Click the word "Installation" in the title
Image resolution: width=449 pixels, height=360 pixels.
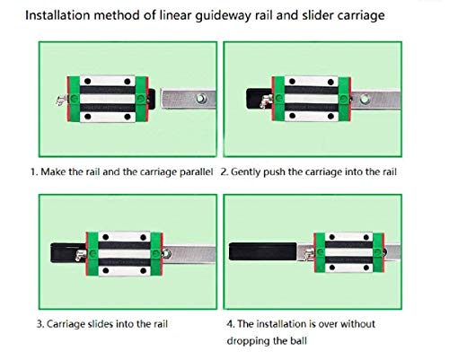[x=57, y=15]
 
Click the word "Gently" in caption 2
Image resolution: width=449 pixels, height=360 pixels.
[x=245, y=172]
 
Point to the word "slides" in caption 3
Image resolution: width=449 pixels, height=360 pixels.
[x=101, y=324]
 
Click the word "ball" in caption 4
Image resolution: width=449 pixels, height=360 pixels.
[x=298, y=340]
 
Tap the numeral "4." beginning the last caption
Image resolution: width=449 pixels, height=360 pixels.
[x=231, y=324]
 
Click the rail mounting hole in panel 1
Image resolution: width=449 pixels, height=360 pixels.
[x=201, y=98]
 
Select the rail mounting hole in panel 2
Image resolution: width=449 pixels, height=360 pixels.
[x=365, y=99]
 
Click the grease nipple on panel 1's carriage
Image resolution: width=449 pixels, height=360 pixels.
[x=61, y=100]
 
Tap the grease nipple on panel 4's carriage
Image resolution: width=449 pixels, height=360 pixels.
[x=309, y=254]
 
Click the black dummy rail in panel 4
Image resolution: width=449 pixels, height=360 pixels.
[x=263, y=251]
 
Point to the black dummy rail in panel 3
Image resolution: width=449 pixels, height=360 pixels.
[x=68, y=253]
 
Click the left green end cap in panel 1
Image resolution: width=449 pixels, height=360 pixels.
[x=74, y=99]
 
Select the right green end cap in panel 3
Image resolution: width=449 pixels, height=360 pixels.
[x=156, y=254]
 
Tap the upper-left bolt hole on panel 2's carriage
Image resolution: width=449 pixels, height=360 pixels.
[x=293, y=82]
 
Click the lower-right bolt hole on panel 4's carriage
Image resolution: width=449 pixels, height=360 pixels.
[x=366, y=268]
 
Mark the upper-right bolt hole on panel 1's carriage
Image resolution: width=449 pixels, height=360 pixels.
[x=128, y=82]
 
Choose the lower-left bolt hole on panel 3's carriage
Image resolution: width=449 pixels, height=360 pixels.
[x=106, y=270]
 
